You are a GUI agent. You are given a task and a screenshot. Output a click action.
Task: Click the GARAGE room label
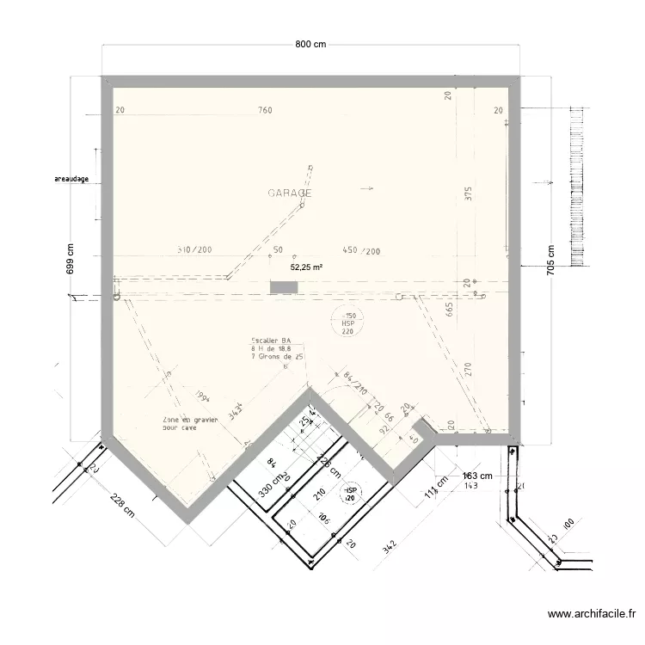click(x=290, y=193)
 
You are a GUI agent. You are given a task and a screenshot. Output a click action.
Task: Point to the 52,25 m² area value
click(x=306, y=267)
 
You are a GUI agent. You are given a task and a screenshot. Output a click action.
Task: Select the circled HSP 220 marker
click(x=348, y=323)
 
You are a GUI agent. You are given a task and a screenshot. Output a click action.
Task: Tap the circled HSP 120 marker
click(x=350, y=494)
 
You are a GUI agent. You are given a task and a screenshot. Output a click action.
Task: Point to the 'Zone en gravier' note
click(x=190, y=422)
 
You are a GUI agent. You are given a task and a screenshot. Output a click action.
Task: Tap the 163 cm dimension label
click(x=478, y=476)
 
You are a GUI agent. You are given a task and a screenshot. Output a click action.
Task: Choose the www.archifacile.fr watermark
click(x=592, y=614)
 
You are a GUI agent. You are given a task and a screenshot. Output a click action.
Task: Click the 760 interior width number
click(x=265, y=110)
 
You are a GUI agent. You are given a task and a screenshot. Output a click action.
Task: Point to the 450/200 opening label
click(x=361, y=251)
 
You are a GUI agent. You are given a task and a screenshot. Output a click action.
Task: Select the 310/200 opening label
click(x=194, y=250)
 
